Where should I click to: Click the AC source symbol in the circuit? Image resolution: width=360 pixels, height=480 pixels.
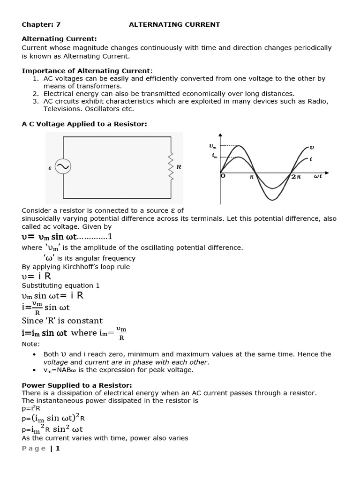(63, 167)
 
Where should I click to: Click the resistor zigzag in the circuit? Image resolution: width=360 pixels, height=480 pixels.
(171, 165)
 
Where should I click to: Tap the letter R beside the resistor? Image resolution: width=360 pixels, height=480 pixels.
(179, 167)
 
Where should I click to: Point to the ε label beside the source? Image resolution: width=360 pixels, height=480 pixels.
(50, 167)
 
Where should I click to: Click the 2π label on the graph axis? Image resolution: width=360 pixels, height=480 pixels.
(296, 177)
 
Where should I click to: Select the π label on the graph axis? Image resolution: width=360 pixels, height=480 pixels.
(251, 177)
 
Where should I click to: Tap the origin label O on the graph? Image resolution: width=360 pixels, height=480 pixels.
(223, 176)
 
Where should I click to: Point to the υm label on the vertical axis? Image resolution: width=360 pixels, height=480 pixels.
(213, 146)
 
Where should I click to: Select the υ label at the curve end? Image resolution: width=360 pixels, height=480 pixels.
(312, 147)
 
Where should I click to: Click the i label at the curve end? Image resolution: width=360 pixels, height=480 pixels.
(311, 159)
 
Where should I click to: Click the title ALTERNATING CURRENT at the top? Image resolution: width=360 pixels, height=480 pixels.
(174, 24)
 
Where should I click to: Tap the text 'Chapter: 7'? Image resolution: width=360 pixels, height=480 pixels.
(41, 24)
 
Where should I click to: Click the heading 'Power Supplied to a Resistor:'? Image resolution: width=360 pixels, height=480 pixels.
(77, 385)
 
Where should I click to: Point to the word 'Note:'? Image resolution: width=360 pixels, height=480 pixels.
(31, 344)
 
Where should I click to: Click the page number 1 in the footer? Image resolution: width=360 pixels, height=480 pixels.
(58, 449)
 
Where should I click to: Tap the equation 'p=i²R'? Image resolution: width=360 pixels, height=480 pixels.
(31, 408)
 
